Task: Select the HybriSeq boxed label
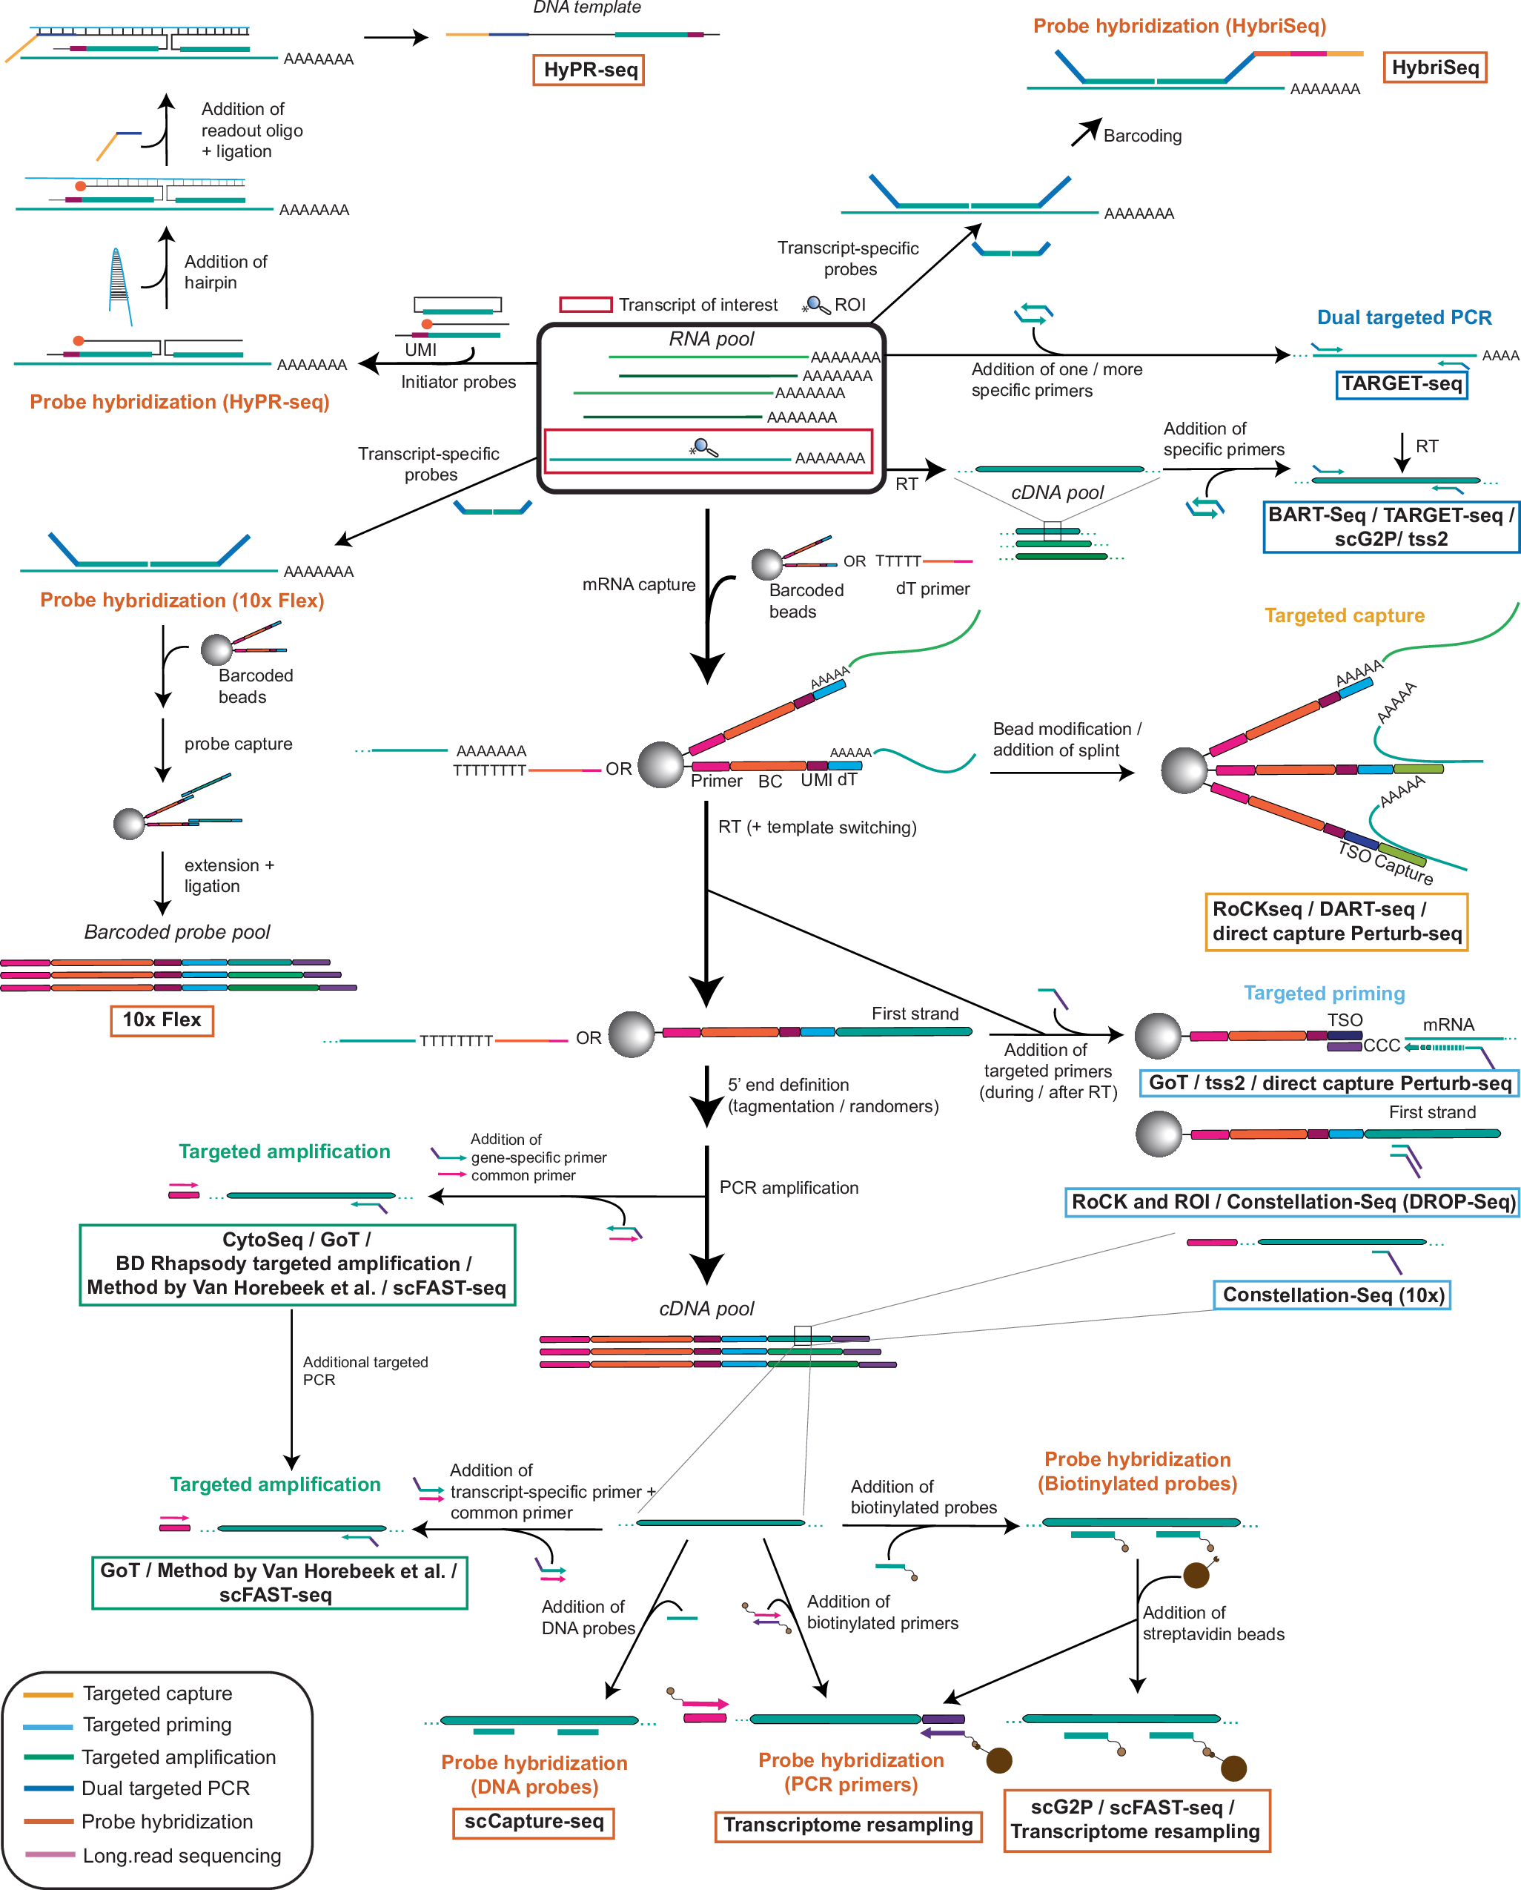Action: pos(1434,67)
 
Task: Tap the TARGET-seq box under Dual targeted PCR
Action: pos(1401,384)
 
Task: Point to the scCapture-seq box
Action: pos(534,1822)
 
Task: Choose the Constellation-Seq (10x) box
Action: pos(1332,1295)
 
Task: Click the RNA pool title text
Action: pos(711,340)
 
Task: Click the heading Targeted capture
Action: pos(1344,615)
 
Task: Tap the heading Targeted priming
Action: pos(1324,994)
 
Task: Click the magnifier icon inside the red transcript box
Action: pos(704,448)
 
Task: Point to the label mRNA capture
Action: pos(639,585)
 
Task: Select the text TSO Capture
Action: pos(1385,862)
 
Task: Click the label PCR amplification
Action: pos(789,1188)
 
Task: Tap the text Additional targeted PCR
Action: pos(365,1370)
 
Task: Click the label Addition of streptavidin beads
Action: pos(1213,1624)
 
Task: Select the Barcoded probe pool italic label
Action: pos(177,932)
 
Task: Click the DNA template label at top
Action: pos(587,8)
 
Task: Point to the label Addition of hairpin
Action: pos(225,272)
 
